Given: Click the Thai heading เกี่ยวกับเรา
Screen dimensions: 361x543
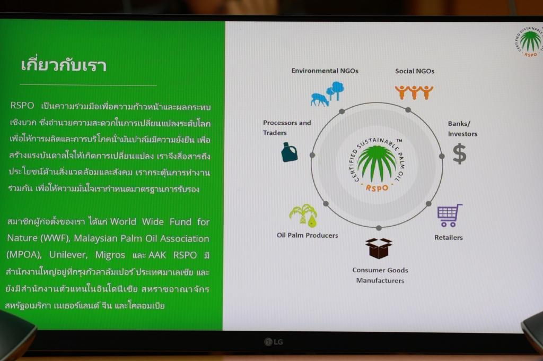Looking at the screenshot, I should [64, 65].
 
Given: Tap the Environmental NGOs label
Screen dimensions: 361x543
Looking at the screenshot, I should [325, 71].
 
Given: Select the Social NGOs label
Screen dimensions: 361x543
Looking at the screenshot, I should [415, 71].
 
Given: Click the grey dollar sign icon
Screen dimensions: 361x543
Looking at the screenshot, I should [459, 153].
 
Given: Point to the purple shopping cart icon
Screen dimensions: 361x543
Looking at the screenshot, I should [449, 215].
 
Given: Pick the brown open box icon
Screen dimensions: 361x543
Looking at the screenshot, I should [379, 248].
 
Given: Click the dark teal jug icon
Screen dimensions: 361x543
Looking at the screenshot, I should [289, 152].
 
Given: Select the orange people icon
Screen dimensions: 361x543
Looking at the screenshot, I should [414, 92].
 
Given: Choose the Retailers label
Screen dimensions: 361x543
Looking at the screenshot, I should [449, 237].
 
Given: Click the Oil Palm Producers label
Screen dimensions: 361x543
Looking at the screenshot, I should [307, 235].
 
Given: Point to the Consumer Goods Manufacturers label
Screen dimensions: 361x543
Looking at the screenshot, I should [380, 275].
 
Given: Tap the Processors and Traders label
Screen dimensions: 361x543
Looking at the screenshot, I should [287, 127].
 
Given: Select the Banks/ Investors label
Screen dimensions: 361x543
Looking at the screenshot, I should [462, 128].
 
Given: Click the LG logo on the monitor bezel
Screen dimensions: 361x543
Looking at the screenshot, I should [274, 342].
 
